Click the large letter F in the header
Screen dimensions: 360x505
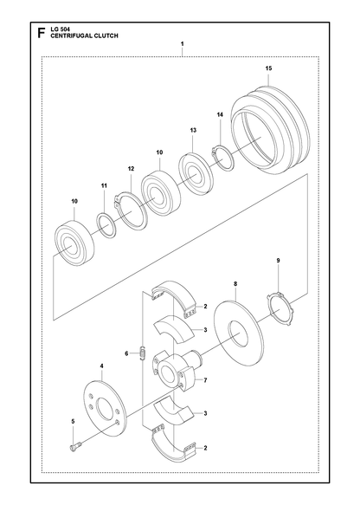tap(41, 33)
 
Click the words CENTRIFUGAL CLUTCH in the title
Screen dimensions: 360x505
tap(84, 36)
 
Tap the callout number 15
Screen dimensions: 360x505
tap(268, 68)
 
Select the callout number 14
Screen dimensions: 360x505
tap(220, 114)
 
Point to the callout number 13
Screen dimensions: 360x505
tap(193, 130)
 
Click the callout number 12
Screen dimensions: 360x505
tap(131, 168)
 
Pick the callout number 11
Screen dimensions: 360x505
tap(104, 185)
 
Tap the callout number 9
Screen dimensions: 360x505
tap(279, 260)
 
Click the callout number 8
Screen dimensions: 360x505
tap(235, 284)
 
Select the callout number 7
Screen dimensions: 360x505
tap(205, 380)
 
